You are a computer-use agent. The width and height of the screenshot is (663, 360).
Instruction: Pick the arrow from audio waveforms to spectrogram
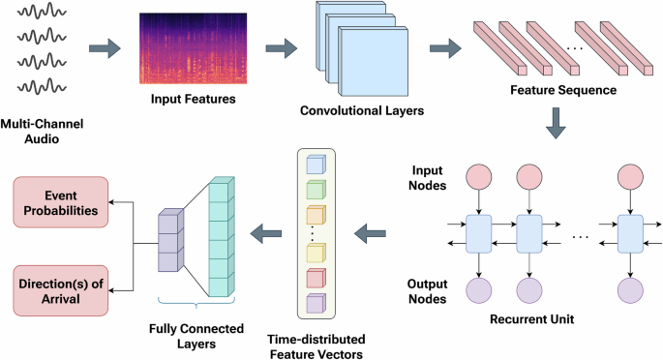[x=105, y=46]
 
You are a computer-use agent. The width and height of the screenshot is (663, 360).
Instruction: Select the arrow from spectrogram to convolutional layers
[x=280, y=46]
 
